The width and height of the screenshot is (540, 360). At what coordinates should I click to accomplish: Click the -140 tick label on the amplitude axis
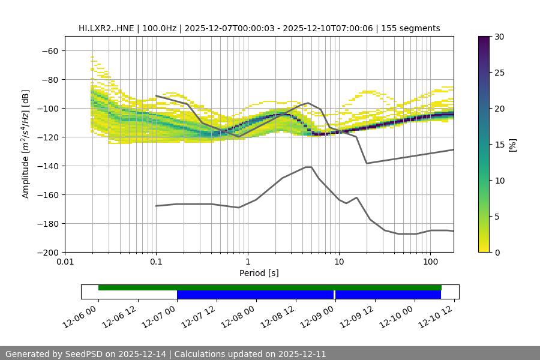tap(49, 166)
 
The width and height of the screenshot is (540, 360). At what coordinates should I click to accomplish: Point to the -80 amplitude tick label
tap(50, 80)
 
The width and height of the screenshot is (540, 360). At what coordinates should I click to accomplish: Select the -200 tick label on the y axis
tap(49, 253)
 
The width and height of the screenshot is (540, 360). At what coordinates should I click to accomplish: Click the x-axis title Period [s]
tap(259, 273)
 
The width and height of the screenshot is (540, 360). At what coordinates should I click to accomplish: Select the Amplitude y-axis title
tap(26, 145)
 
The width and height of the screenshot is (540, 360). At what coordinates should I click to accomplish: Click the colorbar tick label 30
tap(499, 37)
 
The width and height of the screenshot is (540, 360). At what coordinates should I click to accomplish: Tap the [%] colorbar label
tap(512, 145)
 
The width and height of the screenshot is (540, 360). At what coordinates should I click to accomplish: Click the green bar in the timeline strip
tap(270, 287)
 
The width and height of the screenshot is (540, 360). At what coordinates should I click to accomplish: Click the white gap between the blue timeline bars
tap(334, 295)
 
